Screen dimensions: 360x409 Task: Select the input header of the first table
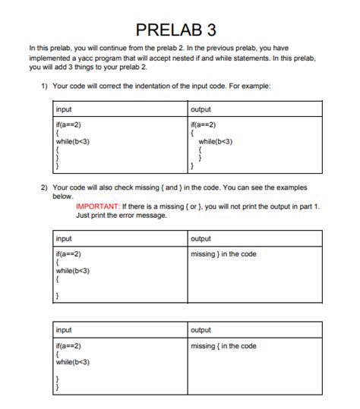click(x=65, y=109)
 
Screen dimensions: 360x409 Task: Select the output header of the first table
click(x=202, y=109)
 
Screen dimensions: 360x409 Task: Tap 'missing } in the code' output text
click(x=224, y=253)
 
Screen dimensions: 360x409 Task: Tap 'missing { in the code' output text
click(x=224, y=346)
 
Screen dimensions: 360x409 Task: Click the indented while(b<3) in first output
click(x=215, y=141)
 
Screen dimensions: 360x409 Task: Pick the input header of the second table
click(x=65, y=238)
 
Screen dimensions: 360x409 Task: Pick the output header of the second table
click(x=202, y=238)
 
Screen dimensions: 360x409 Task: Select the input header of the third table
click(x=65, y=331)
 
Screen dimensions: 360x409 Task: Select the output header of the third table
click(x=202, y=331)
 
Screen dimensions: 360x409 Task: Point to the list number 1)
click(x=46, y=85)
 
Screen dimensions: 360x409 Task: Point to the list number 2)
click(x=46, y=187)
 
